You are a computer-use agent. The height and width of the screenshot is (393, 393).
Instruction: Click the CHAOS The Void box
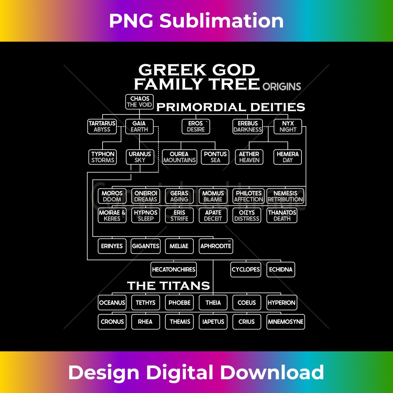click(x=140, y=102)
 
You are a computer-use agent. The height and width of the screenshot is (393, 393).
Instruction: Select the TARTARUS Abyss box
click(x=102, y=126)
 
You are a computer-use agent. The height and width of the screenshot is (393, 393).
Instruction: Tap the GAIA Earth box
click(x=140, y=126)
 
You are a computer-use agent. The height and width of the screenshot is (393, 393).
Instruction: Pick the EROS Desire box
click(x=196, y=126)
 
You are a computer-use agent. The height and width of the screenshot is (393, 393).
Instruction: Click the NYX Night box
click(x=288, y=126)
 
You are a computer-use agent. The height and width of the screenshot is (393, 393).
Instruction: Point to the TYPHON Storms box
click(x=103, y=157)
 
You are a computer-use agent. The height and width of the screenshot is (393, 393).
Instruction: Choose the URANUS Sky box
click(x=140, y=157)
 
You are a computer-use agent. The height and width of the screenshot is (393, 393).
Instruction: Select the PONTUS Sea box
click(x=215, y=157)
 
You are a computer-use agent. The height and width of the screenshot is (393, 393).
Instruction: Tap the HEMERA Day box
click(x=288, y=157)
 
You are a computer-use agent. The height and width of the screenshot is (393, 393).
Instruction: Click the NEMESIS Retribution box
click(x=285, y=196)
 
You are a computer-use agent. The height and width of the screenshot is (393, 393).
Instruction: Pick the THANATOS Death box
click(x=282, y=215)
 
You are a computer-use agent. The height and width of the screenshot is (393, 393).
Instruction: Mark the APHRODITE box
click(x=216, y=246)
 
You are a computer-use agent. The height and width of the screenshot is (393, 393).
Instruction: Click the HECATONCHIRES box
click(x=174, y=270)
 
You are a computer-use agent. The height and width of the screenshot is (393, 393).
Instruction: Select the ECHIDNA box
click(x=281, y=270)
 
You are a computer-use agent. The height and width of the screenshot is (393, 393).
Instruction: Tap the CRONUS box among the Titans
click(x=112, y=321)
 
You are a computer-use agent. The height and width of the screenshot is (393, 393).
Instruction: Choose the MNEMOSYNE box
click(x=286, y=321)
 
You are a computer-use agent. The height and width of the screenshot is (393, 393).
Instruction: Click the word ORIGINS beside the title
click(x=282, y=86)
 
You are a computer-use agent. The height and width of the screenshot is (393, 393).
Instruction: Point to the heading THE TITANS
click(x=168, y=285)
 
